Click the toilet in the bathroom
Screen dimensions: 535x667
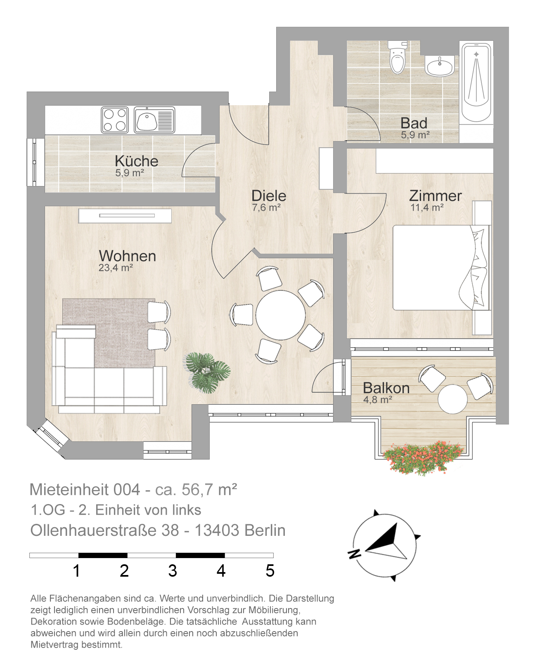tap(397, 58)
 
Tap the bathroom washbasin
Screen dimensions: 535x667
tap(440, 66)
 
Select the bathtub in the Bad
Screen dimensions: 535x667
tap(476, 83)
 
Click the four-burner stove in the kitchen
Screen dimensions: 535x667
tap(115, 120)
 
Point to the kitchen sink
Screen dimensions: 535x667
tap(154, 120)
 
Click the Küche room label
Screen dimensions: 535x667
tap(137, 161)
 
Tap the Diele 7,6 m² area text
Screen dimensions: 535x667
tap(266, 207)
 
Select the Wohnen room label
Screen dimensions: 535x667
tap(127, 256)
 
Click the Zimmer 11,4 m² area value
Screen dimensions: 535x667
tap(427, 207)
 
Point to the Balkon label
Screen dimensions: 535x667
tap(386, 388)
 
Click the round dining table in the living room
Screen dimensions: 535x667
tap(280, 315)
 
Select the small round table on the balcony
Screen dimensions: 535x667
tap(452, 399)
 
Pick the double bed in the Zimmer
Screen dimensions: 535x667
tap(441, 267)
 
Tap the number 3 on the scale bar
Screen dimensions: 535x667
tap(173, 570)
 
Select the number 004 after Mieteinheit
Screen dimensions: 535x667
tap(127, 490)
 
